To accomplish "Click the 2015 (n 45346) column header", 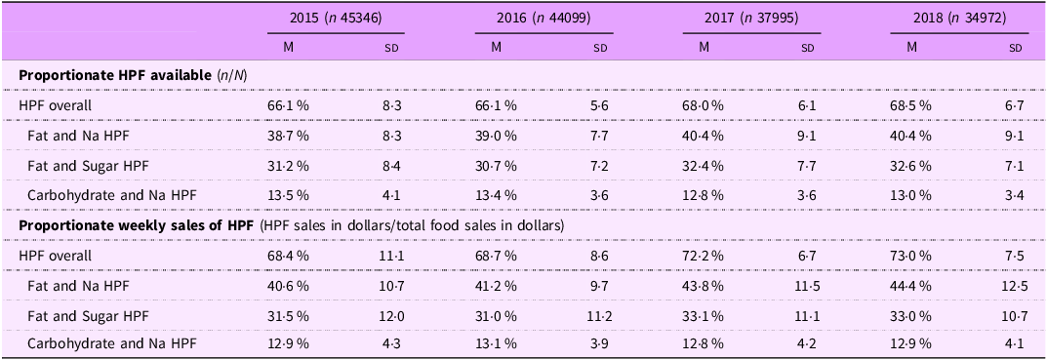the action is pos(336,20).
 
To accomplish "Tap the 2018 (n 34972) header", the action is pos(960,20).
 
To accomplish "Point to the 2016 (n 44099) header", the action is pos(543,20).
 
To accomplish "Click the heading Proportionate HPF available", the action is pos(116,76).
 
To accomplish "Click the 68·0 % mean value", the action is pos(705,106).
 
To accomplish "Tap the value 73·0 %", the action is pos(911,256).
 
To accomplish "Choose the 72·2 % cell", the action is pos(705,256).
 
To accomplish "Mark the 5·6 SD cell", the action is pos(600,106).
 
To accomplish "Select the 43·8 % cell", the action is pos(705,286).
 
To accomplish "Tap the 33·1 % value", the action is pos(705,316).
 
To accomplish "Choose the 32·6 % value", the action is pos(911,166).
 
